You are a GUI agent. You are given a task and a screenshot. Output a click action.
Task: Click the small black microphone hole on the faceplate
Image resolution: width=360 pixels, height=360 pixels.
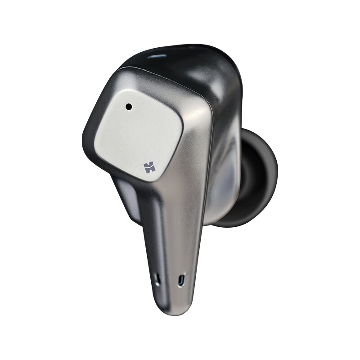tap(129, 107)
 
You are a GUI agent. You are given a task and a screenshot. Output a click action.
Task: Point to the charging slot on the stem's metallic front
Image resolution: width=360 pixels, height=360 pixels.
tap(181, 280)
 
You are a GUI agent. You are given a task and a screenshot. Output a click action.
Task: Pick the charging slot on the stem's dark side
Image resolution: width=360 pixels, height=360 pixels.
tap(157, 279)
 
